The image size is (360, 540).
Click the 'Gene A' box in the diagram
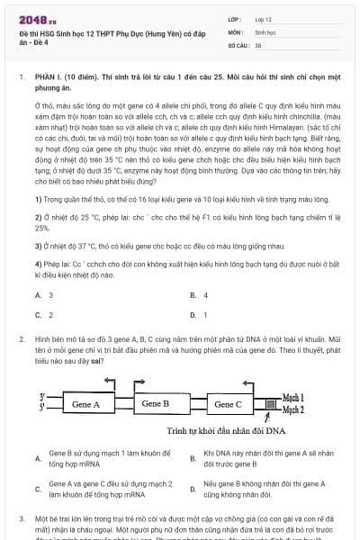(85, 404)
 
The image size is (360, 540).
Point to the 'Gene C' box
(228, 404)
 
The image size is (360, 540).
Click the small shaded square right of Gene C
(263, 404)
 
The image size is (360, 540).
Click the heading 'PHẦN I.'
(49, 78)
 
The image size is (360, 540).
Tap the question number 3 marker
(22, 518)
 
